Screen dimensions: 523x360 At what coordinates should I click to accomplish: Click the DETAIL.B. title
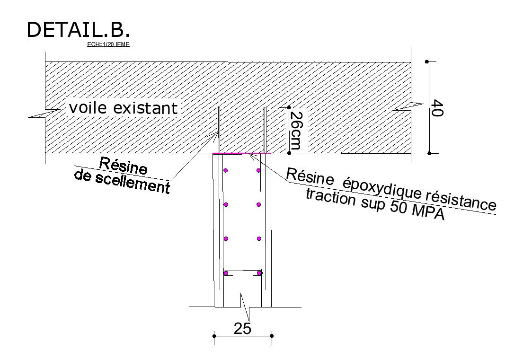(x=78, y=30)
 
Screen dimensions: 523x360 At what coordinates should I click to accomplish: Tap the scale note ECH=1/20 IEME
(x=108, y=44)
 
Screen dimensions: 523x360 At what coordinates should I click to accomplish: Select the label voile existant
(x=123, y=108)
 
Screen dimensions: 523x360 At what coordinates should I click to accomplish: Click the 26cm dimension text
(x=295, y=131)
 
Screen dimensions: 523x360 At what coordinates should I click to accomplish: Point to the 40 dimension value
(x=437, y=108)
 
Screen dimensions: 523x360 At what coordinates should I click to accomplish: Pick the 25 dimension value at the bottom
(x=242, y=328)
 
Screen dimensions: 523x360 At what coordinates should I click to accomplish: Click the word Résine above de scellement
(x=124, y=166)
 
